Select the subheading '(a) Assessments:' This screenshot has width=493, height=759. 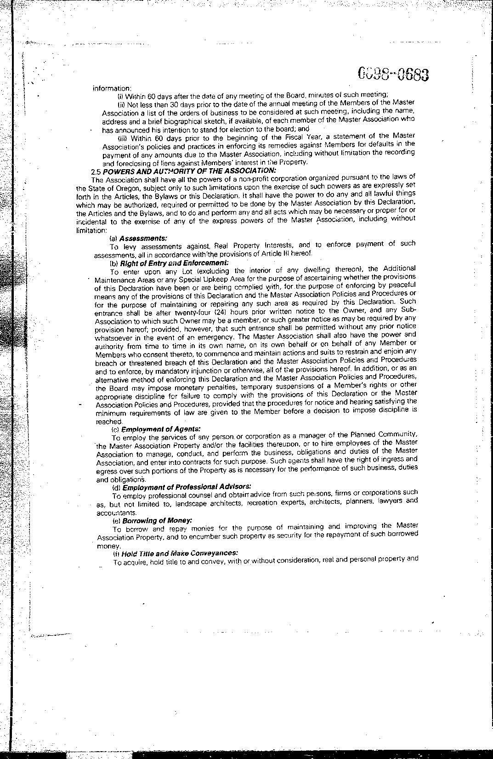point(138,238)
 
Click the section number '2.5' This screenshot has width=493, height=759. point(96,171)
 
